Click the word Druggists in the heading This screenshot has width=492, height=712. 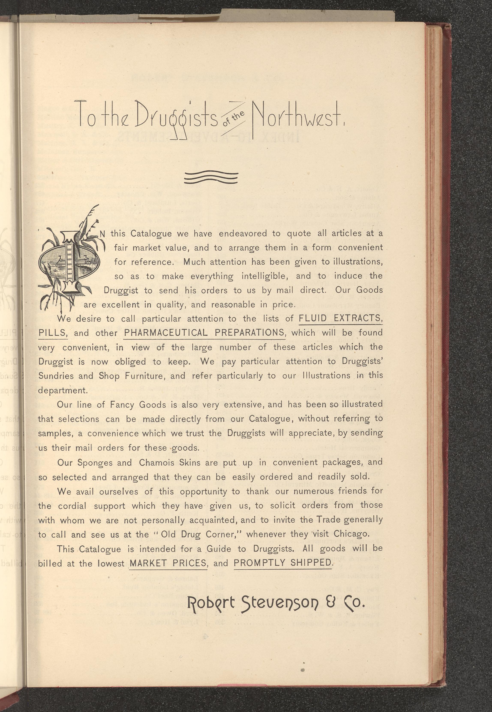(x=177, y=119)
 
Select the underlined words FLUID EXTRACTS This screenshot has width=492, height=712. (x=340, y=318)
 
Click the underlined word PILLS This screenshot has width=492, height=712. (x=52, y=333)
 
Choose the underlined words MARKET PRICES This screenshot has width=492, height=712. (x=168, y=563)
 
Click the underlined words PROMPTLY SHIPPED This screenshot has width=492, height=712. (x=283, y=563)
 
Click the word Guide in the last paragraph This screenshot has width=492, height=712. (x=219, y=549)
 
